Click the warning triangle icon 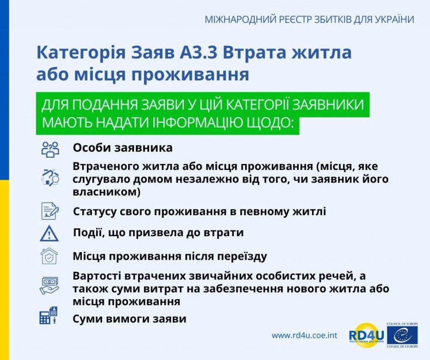pos(50,233)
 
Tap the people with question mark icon pos(50,149)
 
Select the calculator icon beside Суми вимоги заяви pos(48,316)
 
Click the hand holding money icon pos(50,285)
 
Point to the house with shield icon pos(49,256)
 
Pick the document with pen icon pos(50,211)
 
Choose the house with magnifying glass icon pos(50,178)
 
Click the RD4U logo pos(366,335)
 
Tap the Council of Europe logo pos(402,335)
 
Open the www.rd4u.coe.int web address pos(304,335)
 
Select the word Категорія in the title pos(81,52)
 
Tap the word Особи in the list pos(91,148)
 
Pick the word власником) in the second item pos(106,192)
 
